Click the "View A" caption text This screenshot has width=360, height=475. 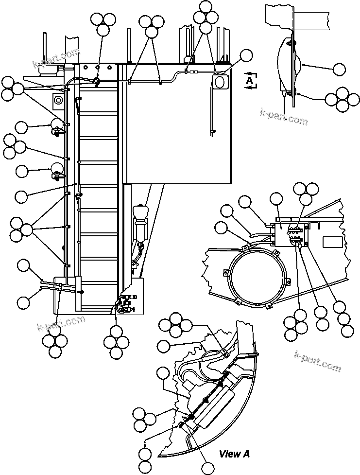click(x=234, y=454)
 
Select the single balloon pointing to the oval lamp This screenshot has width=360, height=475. click(x=247, y=56)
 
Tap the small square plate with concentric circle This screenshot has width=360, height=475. click(x=58, y=101)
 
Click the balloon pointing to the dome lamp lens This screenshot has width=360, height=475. click(x=340, y=70)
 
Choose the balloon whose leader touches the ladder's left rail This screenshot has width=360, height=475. click(x=22, y=197)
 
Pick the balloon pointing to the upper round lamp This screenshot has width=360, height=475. click(x=22, y=128)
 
